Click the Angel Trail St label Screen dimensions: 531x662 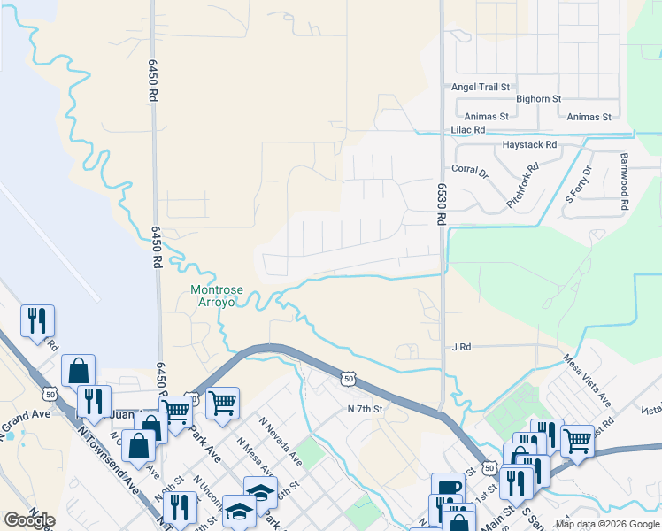tap(481, 87)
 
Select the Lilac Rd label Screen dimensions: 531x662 tap(469, 129)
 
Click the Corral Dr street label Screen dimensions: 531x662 tap(470, 170)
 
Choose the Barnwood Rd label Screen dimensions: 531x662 tap(624, 181)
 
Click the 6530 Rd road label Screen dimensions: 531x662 tap(440, 204)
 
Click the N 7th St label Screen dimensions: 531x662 tap(364, 409)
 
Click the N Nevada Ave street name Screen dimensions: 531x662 tap(280, 442)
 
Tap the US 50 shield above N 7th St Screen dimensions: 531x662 tap(349, 379)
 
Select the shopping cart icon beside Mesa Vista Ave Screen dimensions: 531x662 tap(577, 438)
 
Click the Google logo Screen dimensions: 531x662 tap(29, 520)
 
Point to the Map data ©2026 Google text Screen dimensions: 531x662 tap(606, 524)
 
